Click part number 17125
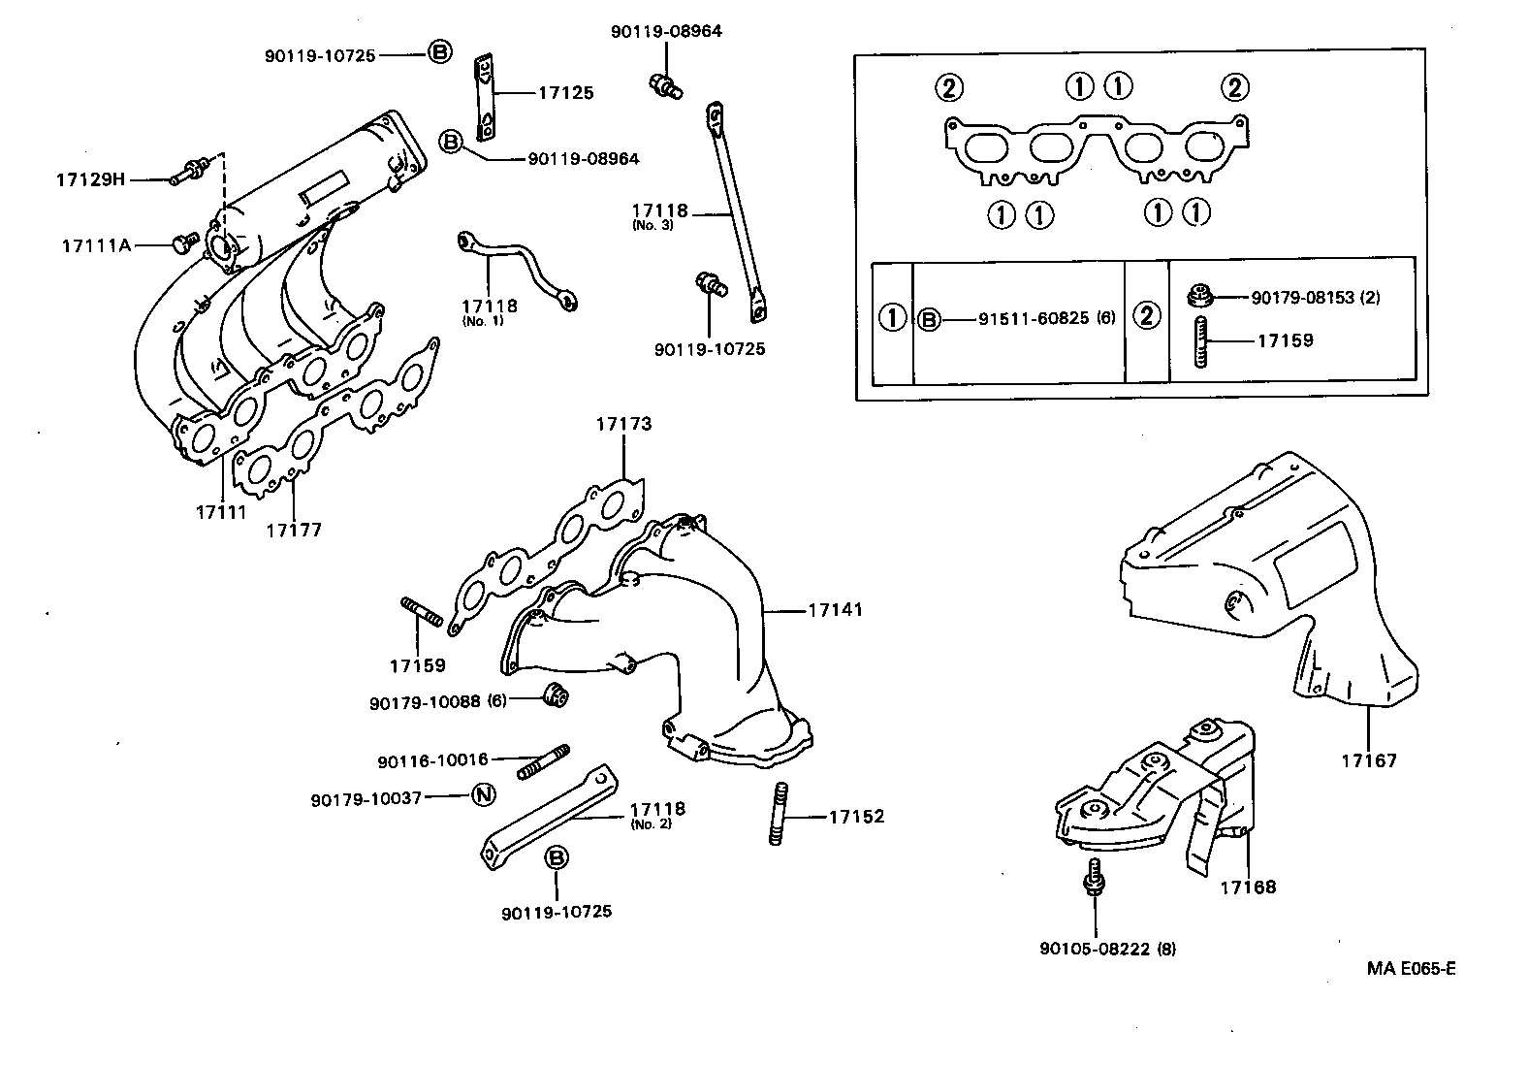tap(566, 93)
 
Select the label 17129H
tap(90, 179)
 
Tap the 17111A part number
tap(96, 245)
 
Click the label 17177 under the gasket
tap(294, 531)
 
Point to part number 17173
tap(623, 424)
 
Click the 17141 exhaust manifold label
tap(835, 610)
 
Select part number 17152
tap(856, 817)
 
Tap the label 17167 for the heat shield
tap(1369, 760)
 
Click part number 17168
tap(1248, 887)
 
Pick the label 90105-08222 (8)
tap(1107, 949)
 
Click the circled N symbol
tap(483, 795)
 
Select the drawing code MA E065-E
tap(1412, 968)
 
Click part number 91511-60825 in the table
tap(1034, 318)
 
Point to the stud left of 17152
tap(777, 815)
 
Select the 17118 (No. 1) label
tap(490, 310)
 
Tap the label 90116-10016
tap(432, 761)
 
